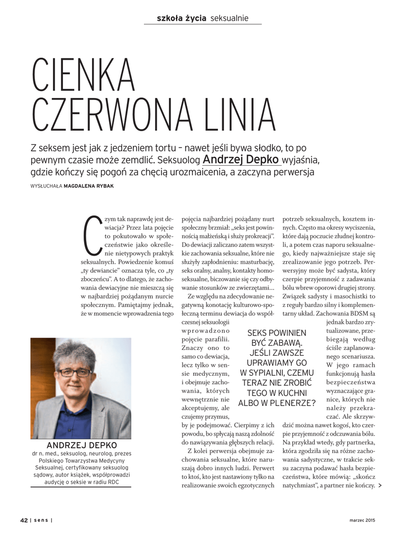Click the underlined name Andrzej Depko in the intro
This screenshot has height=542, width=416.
[241, 159]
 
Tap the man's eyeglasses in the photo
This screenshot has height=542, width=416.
[74, 372]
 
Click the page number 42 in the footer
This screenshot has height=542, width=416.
[24, 520]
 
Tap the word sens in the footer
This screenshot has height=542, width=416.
[41, 520]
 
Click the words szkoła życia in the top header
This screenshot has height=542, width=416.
[182, 19]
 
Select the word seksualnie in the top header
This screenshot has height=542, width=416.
[229, 19]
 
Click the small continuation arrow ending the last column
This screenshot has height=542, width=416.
[380, 485]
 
